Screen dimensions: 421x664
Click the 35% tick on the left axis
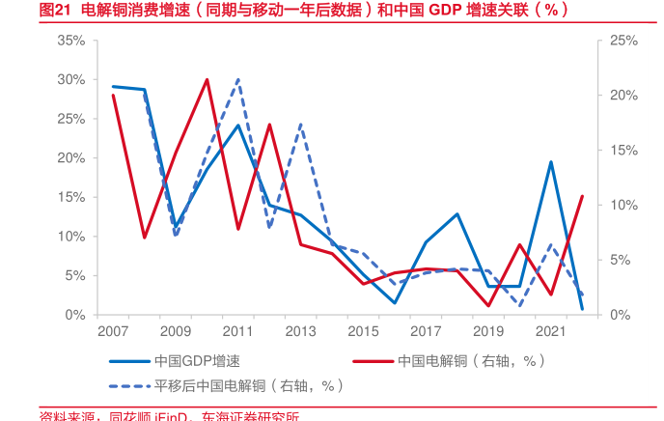[70, 41]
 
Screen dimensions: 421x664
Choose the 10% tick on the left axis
[70, 237]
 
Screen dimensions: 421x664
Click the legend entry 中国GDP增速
[196, 361]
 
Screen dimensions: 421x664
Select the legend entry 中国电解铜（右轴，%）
[471, 361]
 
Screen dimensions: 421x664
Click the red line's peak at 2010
[207, 79]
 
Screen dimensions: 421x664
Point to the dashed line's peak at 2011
[238, 79]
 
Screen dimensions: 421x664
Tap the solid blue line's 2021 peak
[550, 162]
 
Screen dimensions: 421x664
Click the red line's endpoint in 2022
[582, 196]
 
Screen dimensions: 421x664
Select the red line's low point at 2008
[145, 238]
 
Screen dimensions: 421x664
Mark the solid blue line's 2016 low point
[395, 303]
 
